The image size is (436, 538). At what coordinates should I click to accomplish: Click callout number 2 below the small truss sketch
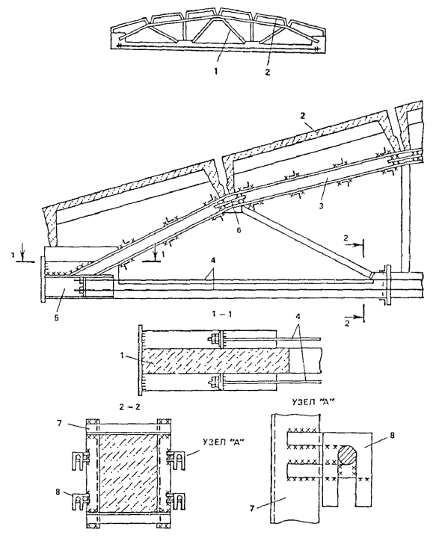(x=268, y=72)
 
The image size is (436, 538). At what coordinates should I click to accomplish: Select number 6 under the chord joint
(x=239, y=230)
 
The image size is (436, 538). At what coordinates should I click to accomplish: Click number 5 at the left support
(x=57, y=318)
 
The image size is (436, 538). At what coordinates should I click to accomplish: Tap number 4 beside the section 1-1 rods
(x=298, y=324)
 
